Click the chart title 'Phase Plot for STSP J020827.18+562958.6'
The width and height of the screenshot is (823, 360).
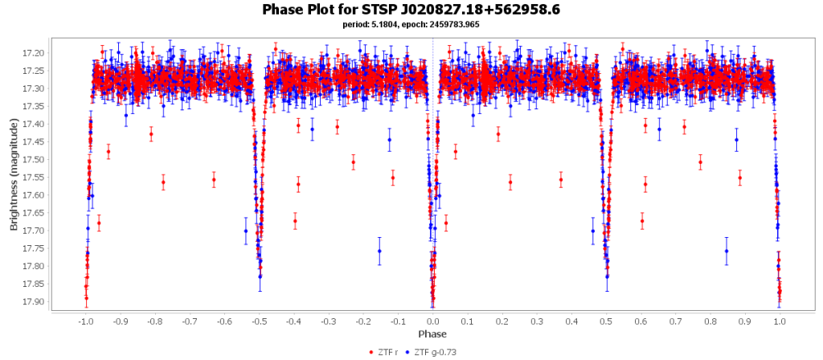[x=411, y=10]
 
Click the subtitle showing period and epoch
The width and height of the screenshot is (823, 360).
[x=411, y=24]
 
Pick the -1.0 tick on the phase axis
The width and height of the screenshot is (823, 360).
[x=85, y=321]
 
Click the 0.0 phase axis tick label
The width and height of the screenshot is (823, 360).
[x=433, y=321]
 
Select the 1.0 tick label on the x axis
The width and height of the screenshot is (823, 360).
[x=780, y=321]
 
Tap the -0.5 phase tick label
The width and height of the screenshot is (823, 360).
[x=259, y=321]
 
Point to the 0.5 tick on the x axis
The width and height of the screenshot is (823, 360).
[x=607, y=321]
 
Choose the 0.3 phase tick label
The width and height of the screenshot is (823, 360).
[x=537, y=321]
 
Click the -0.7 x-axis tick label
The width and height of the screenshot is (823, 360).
[x=190, y=321]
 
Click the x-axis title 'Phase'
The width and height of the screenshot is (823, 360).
[x=432, y=333]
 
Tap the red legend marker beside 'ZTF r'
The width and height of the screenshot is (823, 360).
[x=371, y=352]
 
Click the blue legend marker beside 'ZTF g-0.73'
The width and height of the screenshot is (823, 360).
[x=409, y=352]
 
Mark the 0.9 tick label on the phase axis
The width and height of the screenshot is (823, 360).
[x=745, y=321]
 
